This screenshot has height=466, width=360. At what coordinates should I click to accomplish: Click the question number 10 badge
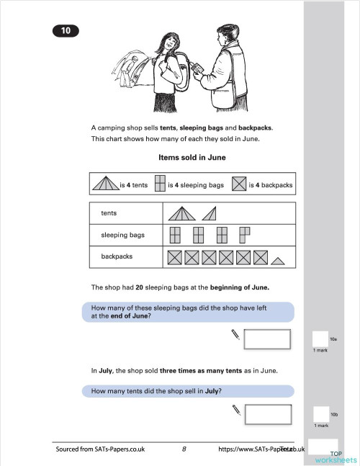click(x=65, y=30)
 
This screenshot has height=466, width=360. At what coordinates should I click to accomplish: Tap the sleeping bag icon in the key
click(x=161, y=184)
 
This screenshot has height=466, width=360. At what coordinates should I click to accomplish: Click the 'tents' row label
click(x=109, y=214)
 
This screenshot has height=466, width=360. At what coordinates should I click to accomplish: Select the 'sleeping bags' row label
click(x=117, y=235)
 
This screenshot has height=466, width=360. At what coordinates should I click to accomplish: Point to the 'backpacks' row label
click(x=112, y=256)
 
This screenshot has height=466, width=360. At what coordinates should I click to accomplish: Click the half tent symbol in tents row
click(x=209, y=213)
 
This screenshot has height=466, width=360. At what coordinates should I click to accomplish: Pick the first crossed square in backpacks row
click(x=174, y=256)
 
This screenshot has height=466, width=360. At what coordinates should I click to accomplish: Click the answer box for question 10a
click(x=267, y=339)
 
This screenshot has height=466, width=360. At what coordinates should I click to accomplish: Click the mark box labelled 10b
click(x=320, y=414)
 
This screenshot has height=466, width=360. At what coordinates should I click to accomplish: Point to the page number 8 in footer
click(x=184, y=449)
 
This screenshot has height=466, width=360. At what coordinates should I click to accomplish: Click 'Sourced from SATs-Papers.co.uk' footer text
click(x=100, y=449)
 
